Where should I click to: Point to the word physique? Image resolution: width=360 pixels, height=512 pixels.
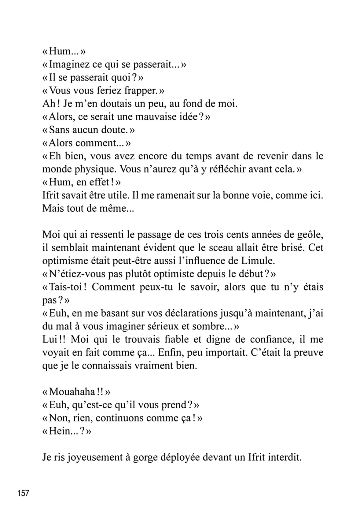pyautogui.click(x=93, y=169)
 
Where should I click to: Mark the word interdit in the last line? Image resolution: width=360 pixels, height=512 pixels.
pyautogui.click(x=284, y=458)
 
